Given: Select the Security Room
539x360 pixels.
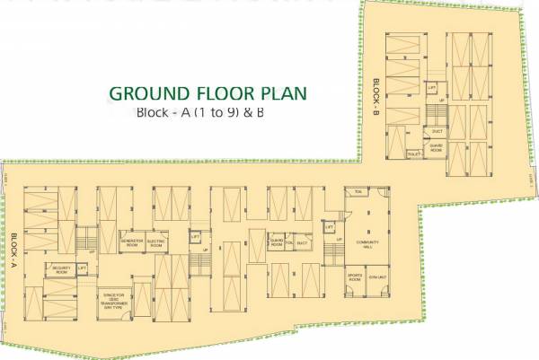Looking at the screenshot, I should click(62, 268).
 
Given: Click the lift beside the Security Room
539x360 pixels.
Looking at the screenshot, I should click(82, 268).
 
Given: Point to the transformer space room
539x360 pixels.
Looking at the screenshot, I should click(116, 298).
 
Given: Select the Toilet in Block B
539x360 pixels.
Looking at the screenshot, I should click(414, 154).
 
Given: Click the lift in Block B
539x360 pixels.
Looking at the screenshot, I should click(432, 88).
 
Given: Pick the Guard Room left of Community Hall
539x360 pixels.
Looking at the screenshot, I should click(278, 242).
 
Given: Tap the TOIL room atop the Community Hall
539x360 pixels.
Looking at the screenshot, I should click(358, 192).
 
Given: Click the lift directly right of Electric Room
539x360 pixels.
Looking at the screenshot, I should click(194, 237).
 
